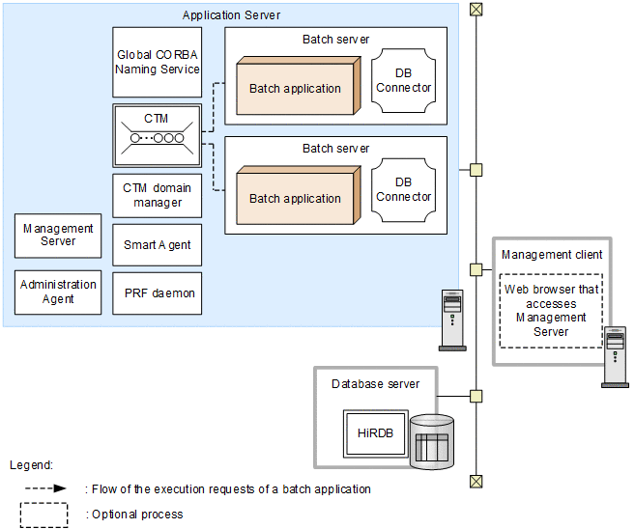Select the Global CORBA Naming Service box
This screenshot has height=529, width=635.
(158, 63)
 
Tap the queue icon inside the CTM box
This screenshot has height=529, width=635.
(158, 137)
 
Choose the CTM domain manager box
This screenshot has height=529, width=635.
(158, 195)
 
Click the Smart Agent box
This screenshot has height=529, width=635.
(158, 245)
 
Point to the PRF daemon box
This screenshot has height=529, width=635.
(158, 292)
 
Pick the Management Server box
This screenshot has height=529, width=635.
(58, 236)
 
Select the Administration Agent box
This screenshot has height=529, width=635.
(58, 292)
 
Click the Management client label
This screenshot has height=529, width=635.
(552, 255)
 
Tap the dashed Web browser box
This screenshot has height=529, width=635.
(551, 311)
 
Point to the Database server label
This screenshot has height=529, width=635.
(375, 383)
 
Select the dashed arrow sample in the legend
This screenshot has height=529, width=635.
(44, 488)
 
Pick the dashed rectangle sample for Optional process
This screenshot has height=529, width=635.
(44, 515)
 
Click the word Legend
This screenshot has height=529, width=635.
(31, 464)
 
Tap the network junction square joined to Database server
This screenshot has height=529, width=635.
(476, 396)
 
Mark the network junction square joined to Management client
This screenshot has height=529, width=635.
(476, 269)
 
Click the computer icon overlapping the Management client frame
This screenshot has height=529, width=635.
(615, 357)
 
